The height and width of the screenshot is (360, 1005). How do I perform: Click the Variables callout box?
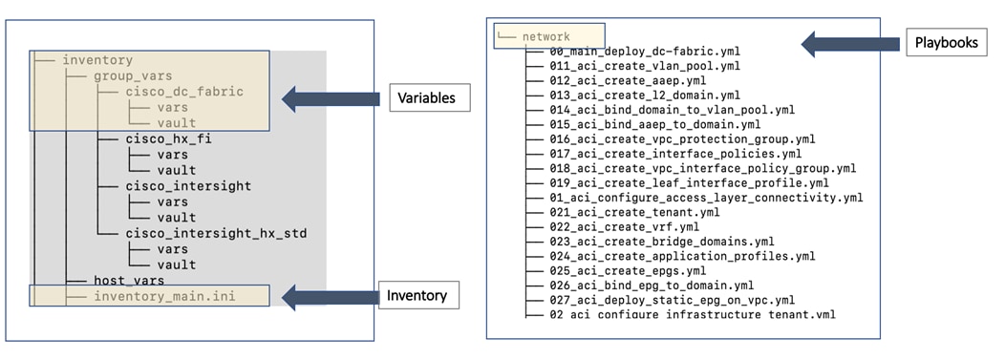429,97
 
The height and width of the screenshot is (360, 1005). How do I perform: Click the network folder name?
545,36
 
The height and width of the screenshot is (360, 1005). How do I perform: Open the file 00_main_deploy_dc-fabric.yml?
644,52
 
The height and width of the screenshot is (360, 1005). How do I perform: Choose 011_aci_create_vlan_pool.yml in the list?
644,66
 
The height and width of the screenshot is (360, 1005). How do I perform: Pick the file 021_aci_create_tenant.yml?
634,212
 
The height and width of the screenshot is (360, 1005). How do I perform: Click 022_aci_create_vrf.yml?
625,226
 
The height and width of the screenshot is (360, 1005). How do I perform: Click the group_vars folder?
132,75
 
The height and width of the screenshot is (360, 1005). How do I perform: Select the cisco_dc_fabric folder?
184,92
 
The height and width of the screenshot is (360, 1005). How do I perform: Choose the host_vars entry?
128,280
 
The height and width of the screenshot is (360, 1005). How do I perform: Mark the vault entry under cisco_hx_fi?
176,170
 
